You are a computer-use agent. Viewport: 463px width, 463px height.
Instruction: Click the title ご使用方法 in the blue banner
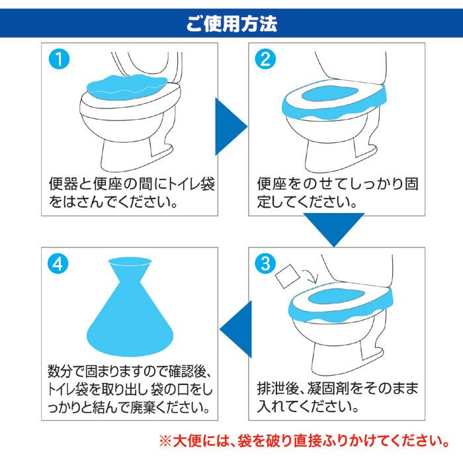click(x=232, y=23)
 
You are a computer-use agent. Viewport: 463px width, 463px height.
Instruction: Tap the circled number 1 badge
click(x=59, y=59)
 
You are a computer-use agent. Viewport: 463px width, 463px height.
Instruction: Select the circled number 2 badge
click(x=265, y=59)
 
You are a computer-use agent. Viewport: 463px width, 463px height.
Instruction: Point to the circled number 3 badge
click(x=265, y=263)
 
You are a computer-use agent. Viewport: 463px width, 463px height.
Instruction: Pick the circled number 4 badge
click(x=58, y=263)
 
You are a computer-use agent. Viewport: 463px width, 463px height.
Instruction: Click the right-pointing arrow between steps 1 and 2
click(x=229, y=127)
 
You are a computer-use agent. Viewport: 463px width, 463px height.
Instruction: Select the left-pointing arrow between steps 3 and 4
click(x=237, y=329)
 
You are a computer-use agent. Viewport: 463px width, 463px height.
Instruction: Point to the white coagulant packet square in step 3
click(x=287, y=276)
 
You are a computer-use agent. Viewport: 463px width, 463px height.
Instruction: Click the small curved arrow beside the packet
click(x=310, y=277)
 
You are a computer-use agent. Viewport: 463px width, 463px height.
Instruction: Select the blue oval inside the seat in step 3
click(x=336, y=296)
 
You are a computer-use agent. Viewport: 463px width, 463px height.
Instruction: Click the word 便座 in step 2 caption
click(x=272, y=184)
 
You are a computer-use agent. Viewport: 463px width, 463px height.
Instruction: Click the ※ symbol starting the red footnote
click(x=165, y=441)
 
